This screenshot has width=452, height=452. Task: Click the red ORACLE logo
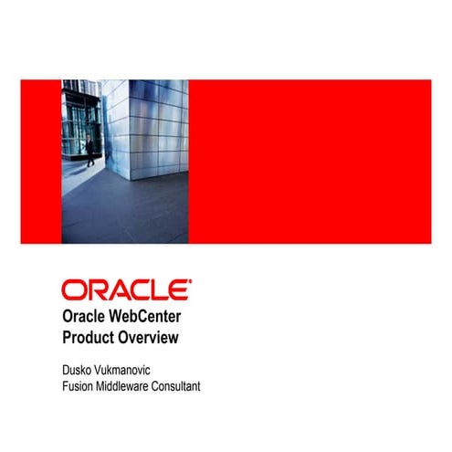click(126, 290)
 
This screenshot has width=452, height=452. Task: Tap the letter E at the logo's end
click(182, 290)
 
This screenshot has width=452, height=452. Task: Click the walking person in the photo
click(89, 152)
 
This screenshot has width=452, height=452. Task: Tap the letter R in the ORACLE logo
click(92, 290)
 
